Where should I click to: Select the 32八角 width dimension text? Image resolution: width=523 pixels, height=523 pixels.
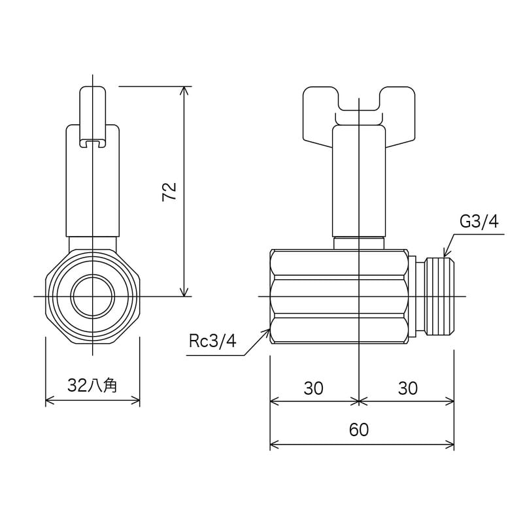(x=92, y=386)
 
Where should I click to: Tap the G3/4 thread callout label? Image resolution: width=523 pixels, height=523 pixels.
(x=479, y=222)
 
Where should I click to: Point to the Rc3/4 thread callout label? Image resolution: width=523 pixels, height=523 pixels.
(x=212, y=341)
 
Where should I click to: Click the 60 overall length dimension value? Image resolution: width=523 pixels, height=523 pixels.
(x=359, y=430)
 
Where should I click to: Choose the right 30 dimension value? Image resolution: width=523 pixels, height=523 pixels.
(x=407, y=388)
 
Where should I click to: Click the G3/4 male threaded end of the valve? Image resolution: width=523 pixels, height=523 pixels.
(x=439, y=296)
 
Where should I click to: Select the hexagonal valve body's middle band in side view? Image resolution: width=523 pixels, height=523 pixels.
(x=340, y=296)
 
